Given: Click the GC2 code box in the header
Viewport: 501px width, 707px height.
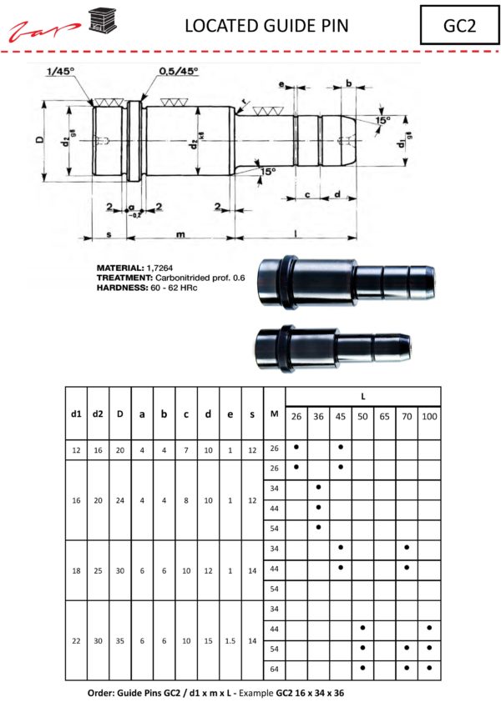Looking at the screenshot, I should (459, 25).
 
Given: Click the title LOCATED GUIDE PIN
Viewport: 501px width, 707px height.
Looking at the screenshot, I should (266, 26).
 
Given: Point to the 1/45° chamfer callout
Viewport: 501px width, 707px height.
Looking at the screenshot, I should (62, 72).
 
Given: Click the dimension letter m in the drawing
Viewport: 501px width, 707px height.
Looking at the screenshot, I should (180, 234).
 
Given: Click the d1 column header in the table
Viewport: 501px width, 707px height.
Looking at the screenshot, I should (76, 413).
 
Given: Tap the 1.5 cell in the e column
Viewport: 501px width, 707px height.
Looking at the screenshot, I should (230, 641).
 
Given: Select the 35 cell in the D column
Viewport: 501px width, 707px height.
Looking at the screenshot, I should (120, 641).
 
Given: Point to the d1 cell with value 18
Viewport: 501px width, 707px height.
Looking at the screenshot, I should (76, 570).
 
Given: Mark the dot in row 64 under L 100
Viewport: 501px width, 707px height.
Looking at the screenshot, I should (428, 667).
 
